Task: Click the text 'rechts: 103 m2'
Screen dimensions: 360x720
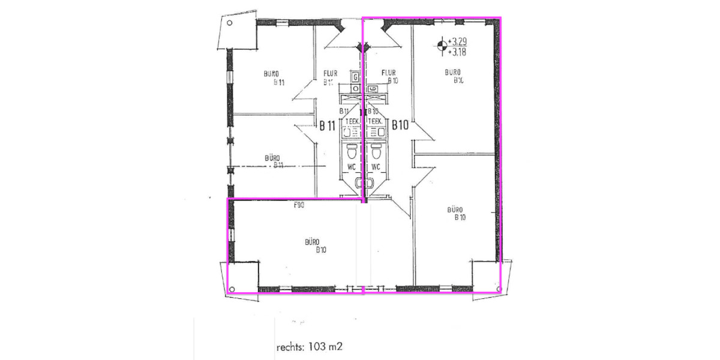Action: click(x=309, y=347)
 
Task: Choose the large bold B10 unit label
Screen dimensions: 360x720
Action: click(x=400, y=125)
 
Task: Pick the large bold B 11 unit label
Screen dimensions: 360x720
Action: click(x=327, y=125)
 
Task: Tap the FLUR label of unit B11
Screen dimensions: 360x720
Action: click(x=330, y=74)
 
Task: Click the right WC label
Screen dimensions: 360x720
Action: click(x=377, y=166)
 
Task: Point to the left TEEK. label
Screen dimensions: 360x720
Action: click(x=352, y=121)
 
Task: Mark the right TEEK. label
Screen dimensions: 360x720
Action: click(x=376, y=121)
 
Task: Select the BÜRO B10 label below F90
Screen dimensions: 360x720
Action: click(x=311, y=246)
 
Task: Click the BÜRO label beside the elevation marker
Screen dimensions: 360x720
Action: click(x=454, y=73)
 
